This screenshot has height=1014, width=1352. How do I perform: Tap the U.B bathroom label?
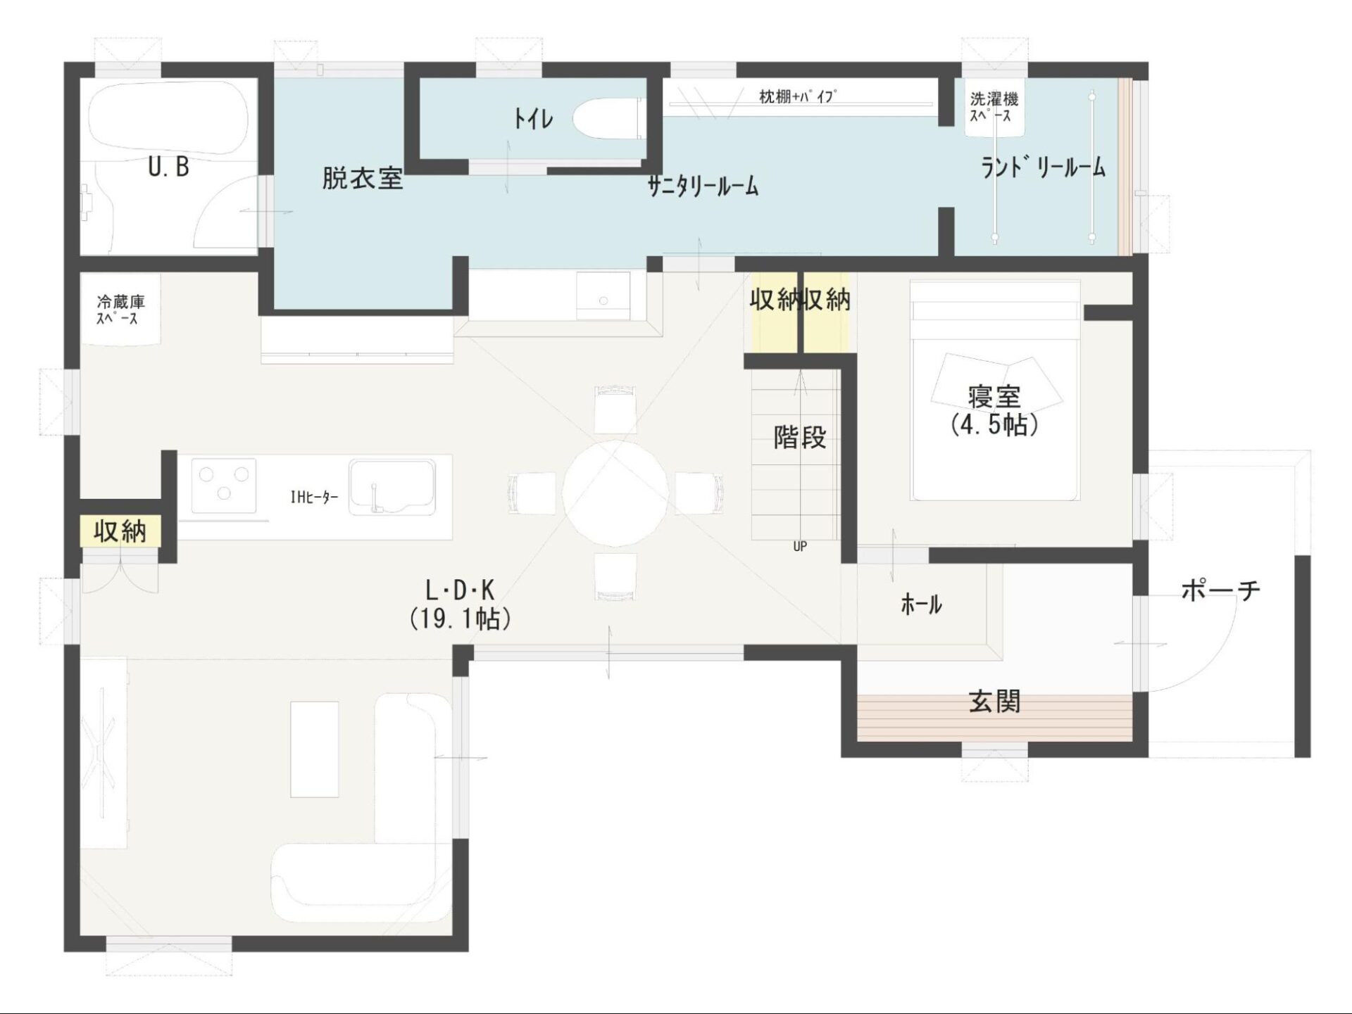[x=169, y=167]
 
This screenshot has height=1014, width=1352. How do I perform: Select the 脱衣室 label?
[x=362, y=179]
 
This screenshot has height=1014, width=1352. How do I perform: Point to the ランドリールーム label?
[x=1042, y=167]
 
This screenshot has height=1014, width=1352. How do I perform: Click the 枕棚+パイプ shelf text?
[x=798, y=96]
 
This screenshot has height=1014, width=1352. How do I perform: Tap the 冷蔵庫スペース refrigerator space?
[x=120, y=310]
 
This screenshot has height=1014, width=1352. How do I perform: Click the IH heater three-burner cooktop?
[x=224, y=485]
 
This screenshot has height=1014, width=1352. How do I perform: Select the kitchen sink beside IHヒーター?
[x=392, y=488]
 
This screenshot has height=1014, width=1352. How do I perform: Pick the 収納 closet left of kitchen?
[x=120, y=531]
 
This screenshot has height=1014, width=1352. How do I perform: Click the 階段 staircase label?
[x=799, y=438]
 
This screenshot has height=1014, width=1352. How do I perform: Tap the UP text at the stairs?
[x=799, y=546]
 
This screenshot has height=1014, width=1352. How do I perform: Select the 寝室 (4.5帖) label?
[x=994, y=411]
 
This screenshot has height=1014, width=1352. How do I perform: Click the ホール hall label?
[x=921, y=604]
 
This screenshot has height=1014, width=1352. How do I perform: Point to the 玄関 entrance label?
[x=994, y=702]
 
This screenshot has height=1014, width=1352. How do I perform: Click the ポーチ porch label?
[x=1220, y=590]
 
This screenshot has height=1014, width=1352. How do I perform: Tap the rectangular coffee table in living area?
[x=314, y=749]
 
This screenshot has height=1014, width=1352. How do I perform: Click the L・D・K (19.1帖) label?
[x=460, y=604]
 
